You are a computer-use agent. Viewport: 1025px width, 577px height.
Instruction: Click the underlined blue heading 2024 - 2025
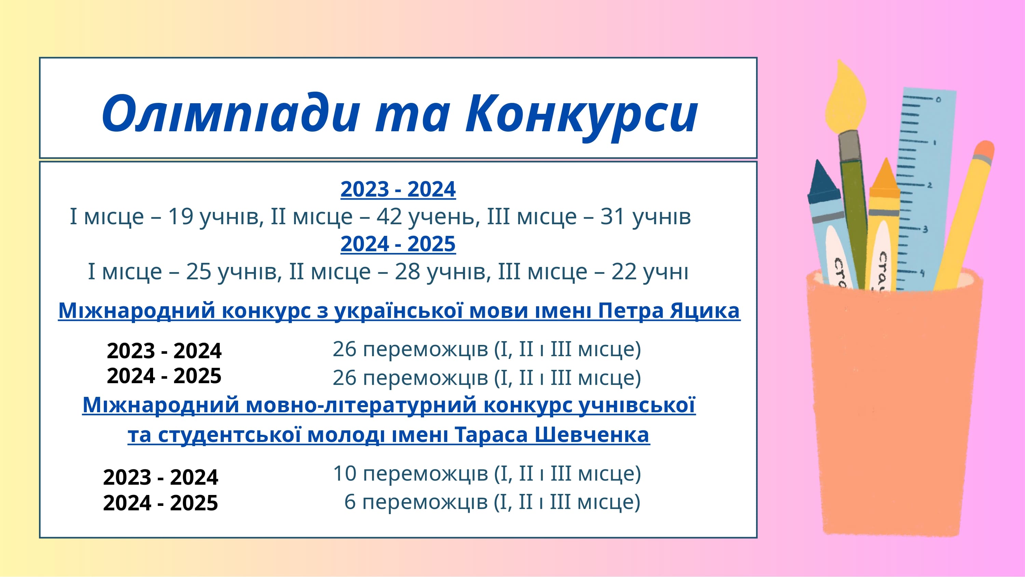tap(398, 244)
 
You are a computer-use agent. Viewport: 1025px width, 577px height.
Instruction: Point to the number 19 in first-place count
tap(181, 217)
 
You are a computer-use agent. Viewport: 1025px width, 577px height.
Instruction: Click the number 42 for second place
tap(389, 217)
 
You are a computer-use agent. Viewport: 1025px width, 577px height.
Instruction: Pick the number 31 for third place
tap(612, 217)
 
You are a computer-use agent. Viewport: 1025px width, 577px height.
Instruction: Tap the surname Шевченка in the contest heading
tap(592, 434)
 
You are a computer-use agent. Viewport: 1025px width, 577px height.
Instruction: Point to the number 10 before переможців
tap(345, 473)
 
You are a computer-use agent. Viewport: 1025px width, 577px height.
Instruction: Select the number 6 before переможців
tap(350, 502)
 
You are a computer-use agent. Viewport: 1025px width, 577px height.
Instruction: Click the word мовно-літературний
tap(361, 405)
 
